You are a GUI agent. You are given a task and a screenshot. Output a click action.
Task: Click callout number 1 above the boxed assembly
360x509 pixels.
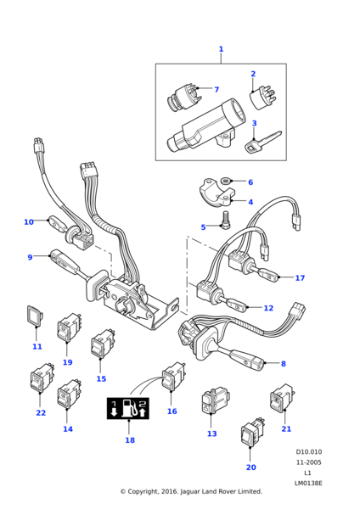221,49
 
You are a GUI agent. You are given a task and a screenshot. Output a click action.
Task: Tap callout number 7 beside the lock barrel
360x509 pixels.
216,90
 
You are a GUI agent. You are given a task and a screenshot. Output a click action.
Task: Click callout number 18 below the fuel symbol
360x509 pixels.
130,440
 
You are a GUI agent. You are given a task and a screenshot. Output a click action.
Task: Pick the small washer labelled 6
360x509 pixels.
227,181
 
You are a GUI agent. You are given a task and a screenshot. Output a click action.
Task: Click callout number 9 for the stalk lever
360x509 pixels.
30,257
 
